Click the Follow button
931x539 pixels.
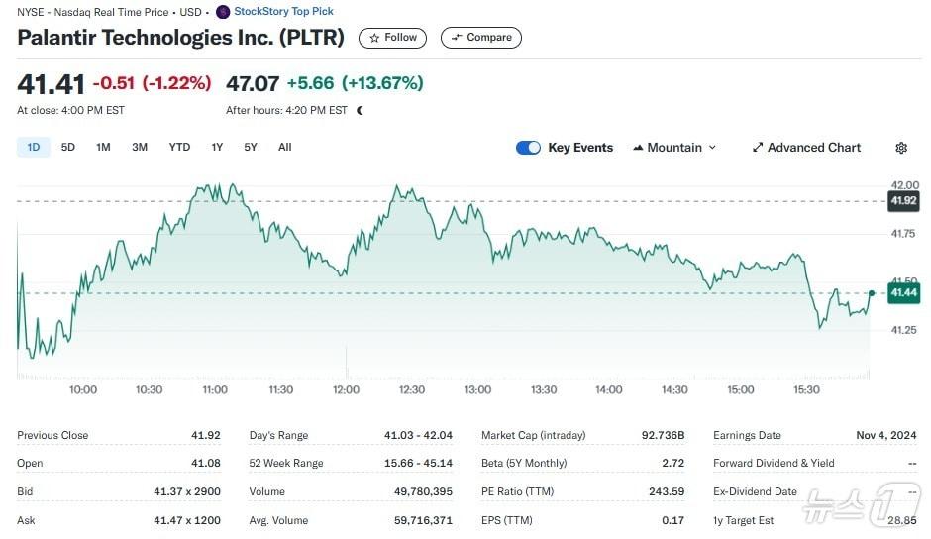pyautogui.click(x=393, y=38)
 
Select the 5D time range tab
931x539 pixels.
pyautogui.click(x=68, y=148)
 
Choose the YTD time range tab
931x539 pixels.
pyautogui.click(x=179, y=148)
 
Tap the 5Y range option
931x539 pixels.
pyautogui.click(x=251, y=148)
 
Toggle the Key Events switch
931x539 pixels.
pyautogui.click(x=528, y=148)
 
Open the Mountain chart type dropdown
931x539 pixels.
pyautogui.click(x=674, y=148)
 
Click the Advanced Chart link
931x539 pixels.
pyautogui.click(x=806, y=148)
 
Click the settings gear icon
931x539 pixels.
pyautogui.click(x=901, y=148)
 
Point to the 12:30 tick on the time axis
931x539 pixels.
pyautogui.click(x=411, y=390)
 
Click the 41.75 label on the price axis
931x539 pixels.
pyautogui.click(x=903, y=234)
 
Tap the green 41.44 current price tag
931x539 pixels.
pyautogui.click(x=903, y=293)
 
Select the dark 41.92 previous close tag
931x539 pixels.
pyautogui.click(x=903, y=201)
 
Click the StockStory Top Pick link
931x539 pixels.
pyautogui.click(x=283, y=12)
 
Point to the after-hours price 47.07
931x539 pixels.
pyautogui.click(x=253, y=83)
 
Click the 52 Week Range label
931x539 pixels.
pyautogui.click(x=285, y=463)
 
